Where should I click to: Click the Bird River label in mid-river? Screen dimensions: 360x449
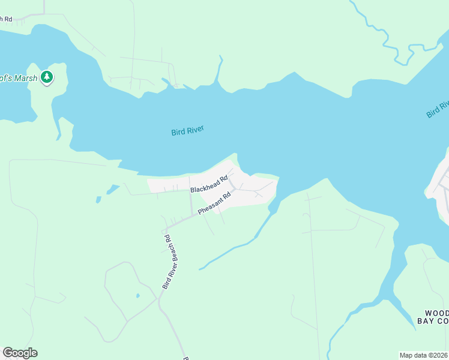tap(188, 130)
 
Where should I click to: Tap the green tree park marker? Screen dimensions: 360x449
tap(47, 77)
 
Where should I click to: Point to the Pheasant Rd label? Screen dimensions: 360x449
tap(214, 203)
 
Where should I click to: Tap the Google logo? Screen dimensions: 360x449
tap(20, 353)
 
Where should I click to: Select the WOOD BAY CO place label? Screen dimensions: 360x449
tap(433, 317)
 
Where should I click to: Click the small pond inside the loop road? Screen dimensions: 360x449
tap(137, 296)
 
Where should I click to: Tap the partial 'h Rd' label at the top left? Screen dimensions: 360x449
tap(6, 19)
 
